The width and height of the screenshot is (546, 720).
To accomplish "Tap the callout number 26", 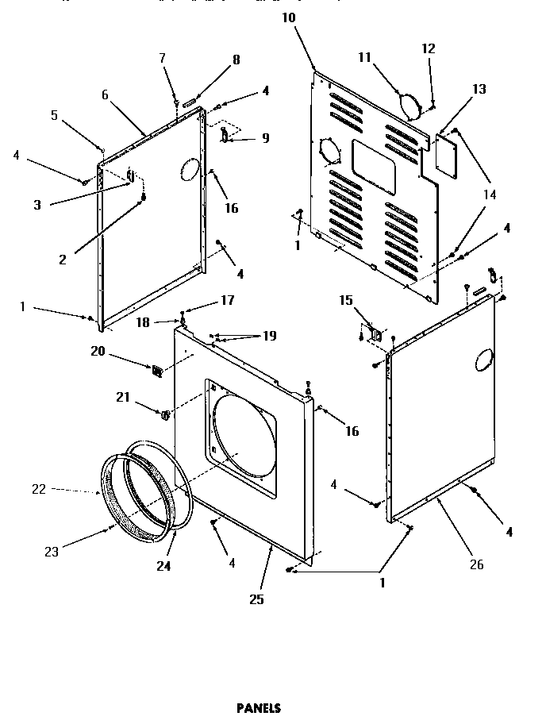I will coord(475,565).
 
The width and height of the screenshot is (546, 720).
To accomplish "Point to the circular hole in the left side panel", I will coord(188,167).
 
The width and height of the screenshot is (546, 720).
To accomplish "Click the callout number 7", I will coord(162,58).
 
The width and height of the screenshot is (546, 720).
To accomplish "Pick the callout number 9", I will coord(265,137).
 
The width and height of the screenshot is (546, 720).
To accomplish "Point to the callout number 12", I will coord(429,48).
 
